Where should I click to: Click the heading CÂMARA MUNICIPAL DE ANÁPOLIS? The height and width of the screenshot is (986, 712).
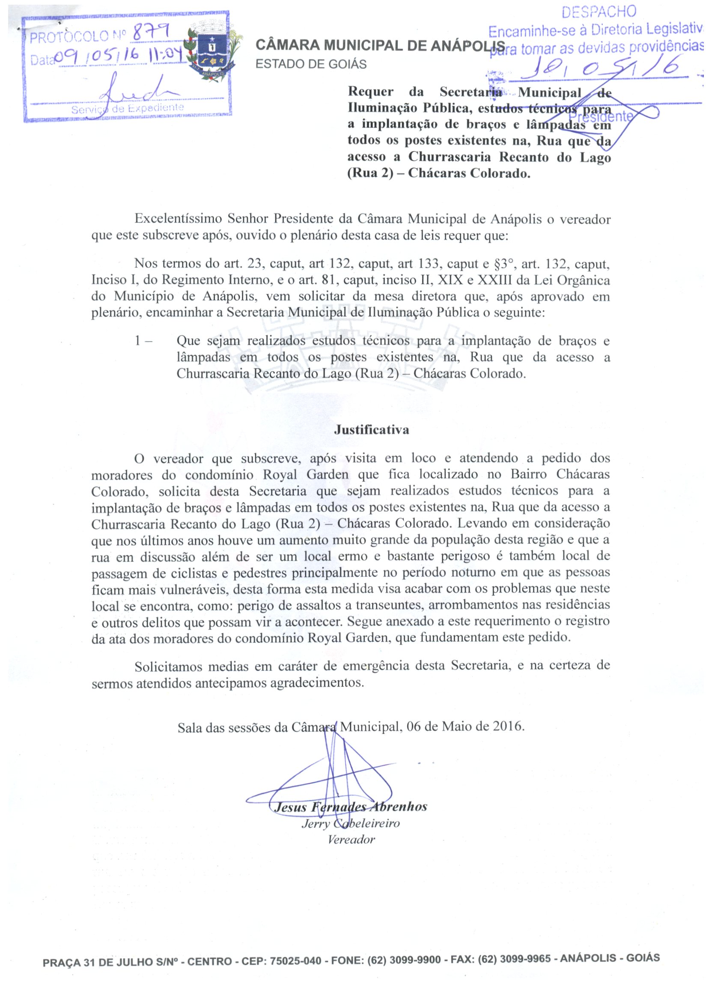(380, 45)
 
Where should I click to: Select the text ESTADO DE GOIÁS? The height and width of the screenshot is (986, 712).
(311, 64)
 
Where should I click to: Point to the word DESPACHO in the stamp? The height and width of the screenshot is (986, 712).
(599, 12)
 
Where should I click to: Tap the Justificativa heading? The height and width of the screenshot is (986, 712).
(371, 430)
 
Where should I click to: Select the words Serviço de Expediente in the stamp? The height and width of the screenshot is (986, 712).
(127, 109)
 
